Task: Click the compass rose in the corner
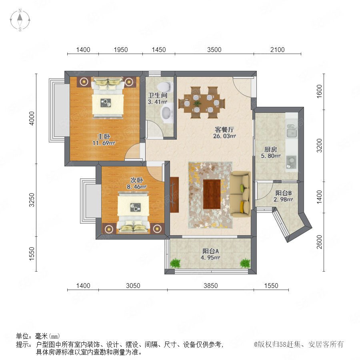pyautogui.click(x=20, y=20)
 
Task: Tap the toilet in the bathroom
pyautogui.click(x=165, y=86)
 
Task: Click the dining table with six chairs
pyautogui.click(x=202, y=103)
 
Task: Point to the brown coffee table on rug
pyautogui.click(x=212, y=194)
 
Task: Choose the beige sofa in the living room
pyautogui.click(x=240, y=194)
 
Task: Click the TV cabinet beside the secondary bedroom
pyautogui.click(x=174, y=195)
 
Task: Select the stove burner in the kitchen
pyautogui.click(x=292, y=162)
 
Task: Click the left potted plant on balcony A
pyautogui.click(x=176, y=263)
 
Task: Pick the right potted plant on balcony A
pyautogui.click(x=245, y=263)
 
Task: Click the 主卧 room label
pyautogui.click(x=104, y=137)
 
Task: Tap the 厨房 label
pyautogui.click(x=271, y=150)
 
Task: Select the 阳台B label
pyautogui.click(x=284, y=193)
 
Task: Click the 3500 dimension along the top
pyautogui.click(x=214, y=50)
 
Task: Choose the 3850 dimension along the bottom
pyautogui.click(x=211, y=286)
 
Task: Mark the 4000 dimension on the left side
pyautogui.click(x=32, y=118)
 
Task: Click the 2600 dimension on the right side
pyautogui.click(x=319, y=242)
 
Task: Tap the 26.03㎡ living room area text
pyautogui.click(x=224, y=136)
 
